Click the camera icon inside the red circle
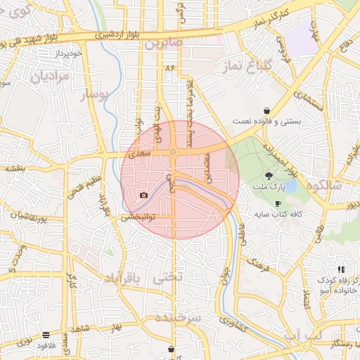coord(143,195)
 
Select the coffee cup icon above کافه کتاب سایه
coord(278,203)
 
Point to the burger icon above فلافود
coord(46,335)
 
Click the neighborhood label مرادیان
coord(50,75)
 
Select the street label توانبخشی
coord(139,217)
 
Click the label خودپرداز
coord(70,53)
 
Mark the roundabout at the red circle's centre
coord(173,152)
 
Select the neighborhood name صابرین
coord(164,44)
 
